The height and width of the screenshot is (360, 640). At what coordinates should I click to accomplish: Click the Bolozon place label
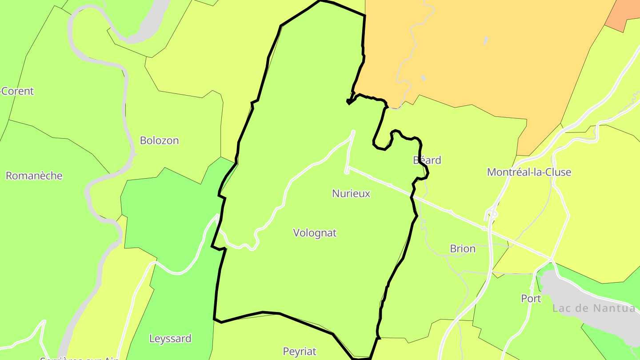(159, 140)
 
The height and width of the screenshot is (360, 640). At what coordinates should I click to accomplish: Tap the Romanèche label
(34, 176)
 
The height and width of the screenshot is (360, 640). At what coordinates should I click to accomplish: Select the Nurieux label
(351, 193)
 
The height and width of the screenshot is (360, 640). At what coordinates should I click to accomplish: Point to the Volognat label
(315, 232)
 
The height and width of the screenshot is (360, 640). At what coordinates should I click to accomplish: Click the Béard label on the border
(427, 160)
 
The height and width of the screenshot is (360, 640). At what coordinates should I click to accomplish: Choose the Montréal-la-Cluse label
(529, 172)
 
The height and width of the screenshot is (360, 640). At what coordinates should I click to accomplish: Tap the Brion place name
(463, 248)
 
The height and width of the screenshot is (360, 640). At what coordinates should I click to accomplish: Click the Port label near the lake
(531, 299)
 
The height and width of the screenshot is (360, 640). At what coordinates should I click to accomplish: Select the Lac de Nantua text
(594, 308)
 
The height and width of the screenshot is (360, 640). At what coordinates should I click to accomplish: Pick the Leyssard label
(170, 339)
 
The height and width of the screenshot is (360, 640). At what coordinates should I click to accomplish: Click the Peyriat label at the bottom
(300, 352)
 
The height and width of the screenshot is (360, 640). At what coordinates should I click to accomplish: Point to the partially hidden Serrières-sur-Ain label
(80, 358)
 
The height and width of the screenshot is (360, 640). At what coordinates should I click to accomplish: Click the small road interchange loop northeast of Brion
(492, 214)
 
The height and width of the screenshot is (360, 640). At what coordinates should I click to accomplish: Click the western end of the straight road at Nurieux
(347, 169)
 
